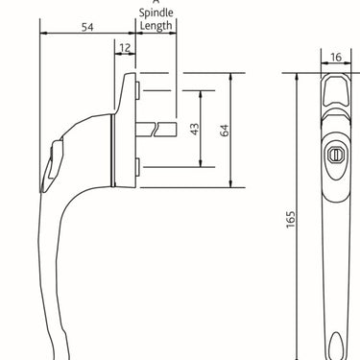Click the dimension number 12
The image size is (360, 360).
click(125, 48)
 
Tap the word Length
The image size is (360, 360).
click(156, 27)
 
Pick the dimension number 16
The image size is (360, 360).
click(335, 58)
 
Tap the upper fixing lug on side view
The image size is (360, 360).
click(140, 89)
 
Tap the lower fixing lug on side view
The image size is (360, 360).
click(140, 169)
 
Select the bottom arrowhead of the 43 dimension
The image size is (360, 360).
click(202, 165)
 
